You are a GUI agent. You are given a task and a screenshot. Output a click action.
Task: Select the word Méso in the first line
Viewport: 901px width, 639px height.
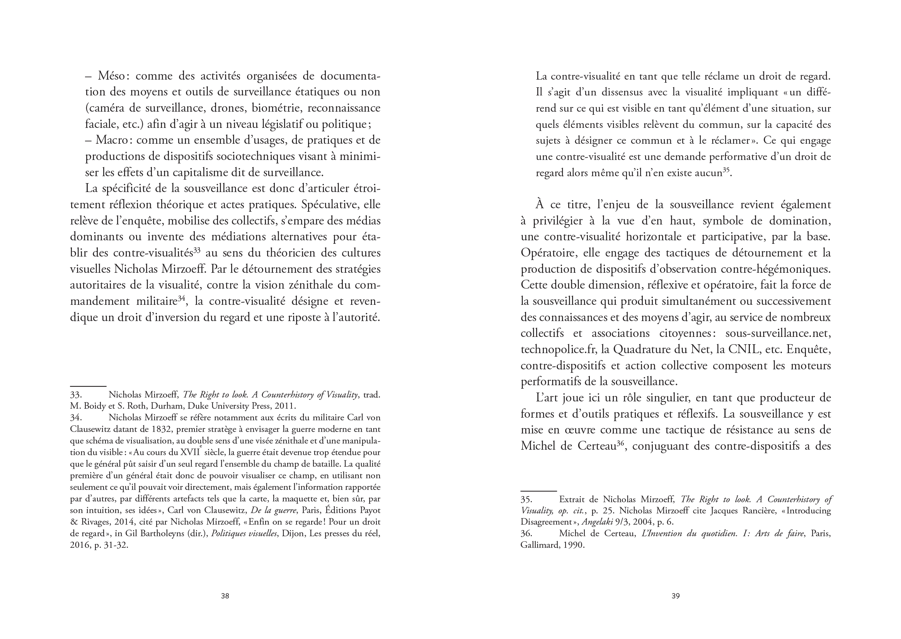(112, 76)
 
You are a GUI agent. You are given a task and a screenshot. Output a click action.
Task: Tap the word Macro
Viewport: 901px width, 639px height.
(111, 140)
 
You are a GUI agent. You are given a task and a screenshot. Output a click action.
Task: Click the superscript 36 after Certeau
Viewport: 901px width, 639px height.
(621, 443)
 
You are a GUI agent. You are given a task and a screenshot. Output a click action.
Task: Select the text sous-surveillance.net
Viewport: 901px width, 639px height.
(778, 333)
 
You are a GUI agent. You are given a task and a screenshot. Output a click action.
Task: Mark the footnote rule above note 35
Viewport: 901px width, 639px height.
(538, 491)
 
